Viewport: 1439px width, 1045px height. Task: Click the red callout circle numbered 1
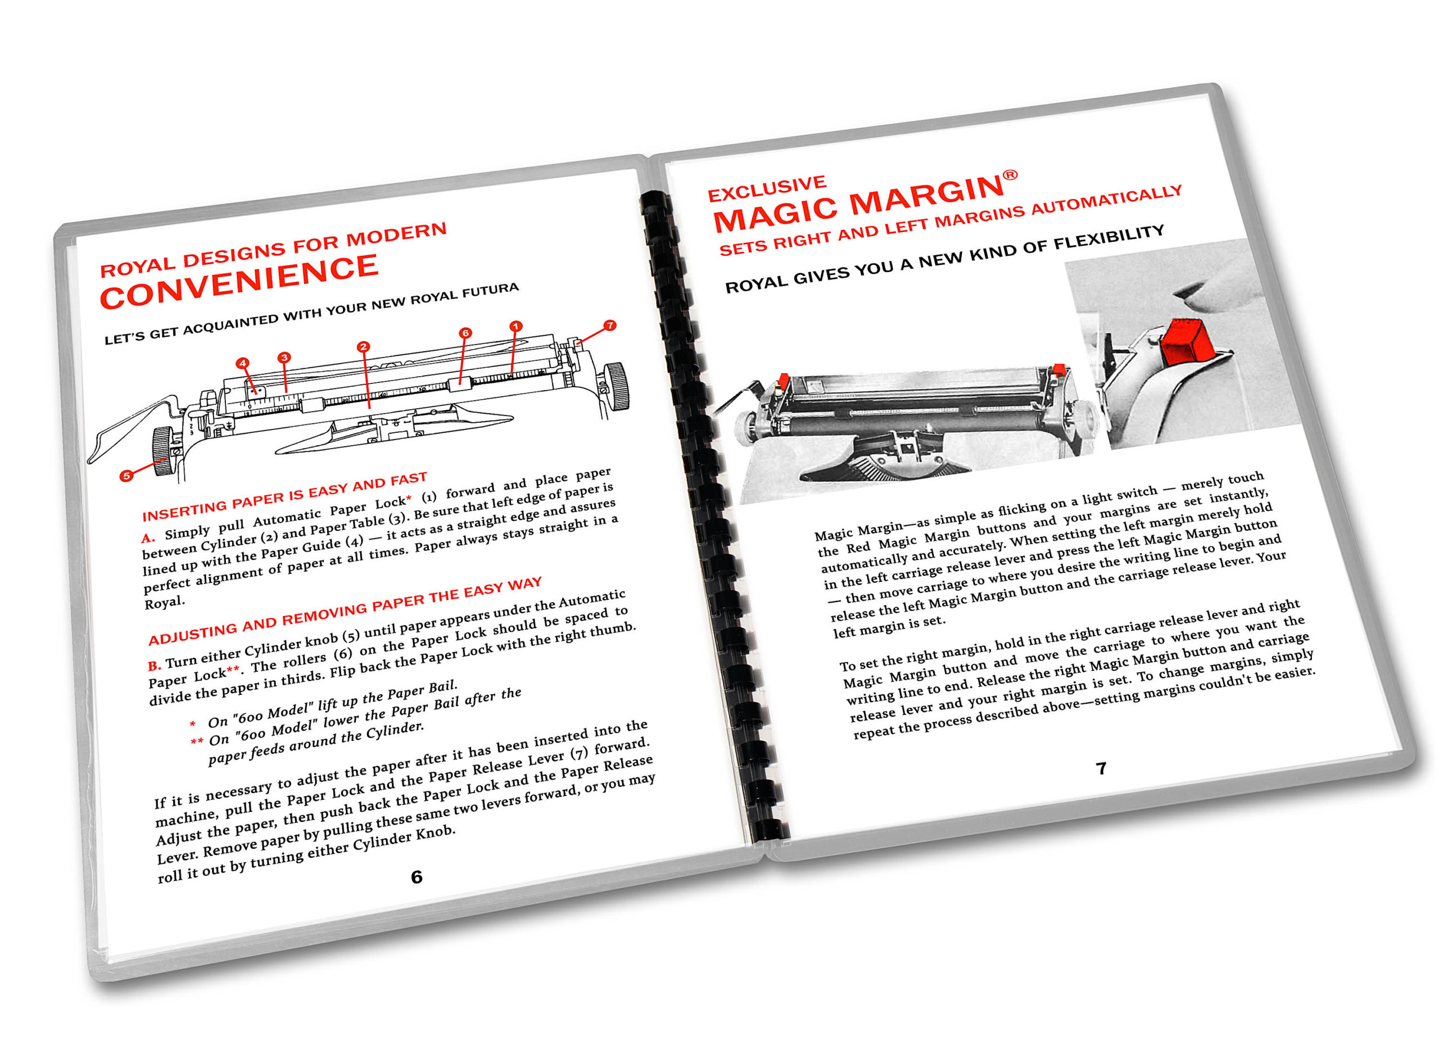516,326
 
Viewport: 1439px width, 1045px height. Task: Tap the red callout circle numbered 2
363,346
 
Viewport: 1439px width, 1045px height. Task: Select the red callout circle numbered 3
284,357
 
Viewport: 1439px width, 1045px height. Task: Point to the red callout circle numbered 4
242,364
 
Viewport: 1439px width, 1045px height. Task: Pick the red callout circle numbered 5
126,475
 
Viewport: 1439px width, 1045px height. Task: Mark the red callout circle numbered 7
610,325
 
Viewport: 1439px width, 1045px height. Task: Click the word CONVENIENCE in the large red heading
239,282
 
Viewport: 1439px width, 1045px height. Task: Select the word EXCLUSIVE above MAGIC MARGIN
767,188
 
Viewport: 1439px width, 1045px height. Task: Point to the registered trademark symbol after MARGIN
1010,174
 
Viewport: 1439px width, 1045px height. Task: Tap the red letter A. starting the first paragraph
148,538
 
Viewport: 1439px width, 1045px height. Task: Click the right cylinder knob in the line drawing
615,385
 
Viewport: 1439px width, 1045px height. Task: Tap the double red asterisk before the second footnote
197,741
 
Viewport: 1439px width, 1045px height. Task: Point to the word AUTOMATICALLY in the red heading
1107,201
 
